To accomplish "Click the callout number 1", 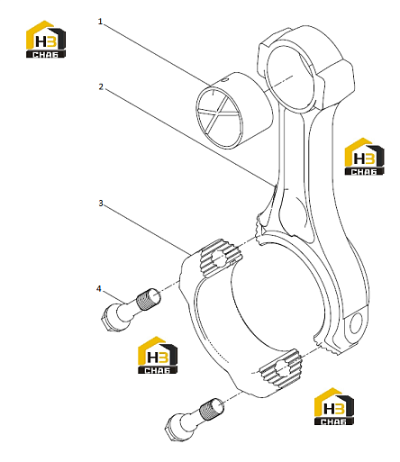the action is [x=100, y=22].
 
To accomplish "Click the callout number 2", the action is [x=101, y=86].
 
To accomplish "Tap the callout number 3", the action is [x=101, y=204].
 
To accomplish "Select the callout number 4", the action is [x=99, y=289].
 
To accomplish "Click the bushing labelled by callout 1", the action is [x=234, y=111].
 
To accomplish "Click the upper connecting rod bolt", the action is [x=131, y=310].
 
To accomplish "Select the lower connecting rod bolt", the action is [x=195, y=420].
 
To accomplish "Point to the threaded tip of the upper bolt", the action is [x=149, y=298].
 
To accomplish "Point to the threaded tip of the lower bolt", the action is [x=212, y=408].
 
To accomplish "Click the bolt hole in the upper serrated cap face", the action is [x=219, y=258].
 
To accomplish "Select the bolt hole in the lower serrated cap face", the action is [x=282, y=368].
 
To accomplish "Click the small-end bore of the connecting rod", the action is [x=290, y=79].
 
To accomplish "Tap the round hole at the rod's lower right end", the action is [x=356, y=323].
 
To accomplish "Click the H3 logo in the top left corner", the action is [x=46, y=39].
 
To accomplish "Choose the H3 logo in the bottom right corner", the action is [x=334, y=406].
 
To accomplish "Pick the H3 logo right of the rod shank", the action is [x=364, y=157].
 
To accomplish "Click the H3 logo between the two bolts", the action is [x=158, y=355].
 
